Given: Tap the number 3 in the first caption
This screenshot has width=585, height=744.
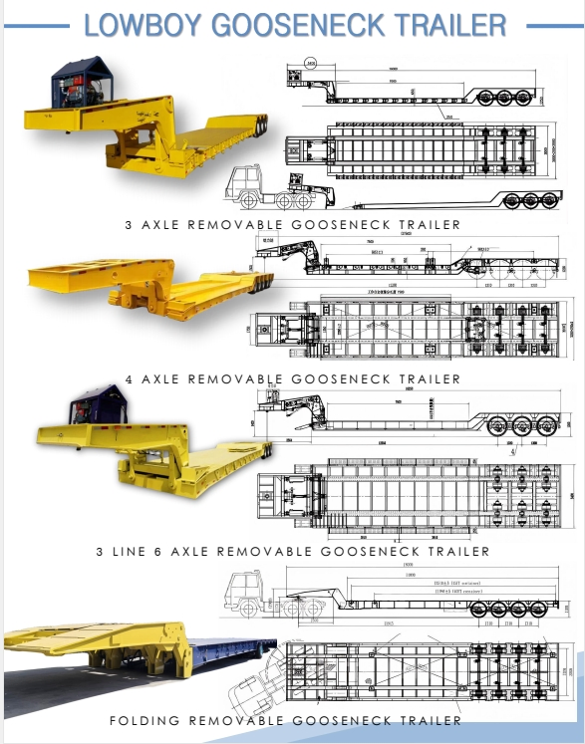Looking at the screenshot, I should pos(130,225).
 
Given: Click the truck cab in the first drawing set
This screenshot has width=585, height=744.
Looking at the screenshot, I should pos(249,184).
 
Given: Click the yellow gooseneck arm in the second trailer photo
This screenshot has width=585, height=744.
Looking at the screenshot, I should pos(149,284).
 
